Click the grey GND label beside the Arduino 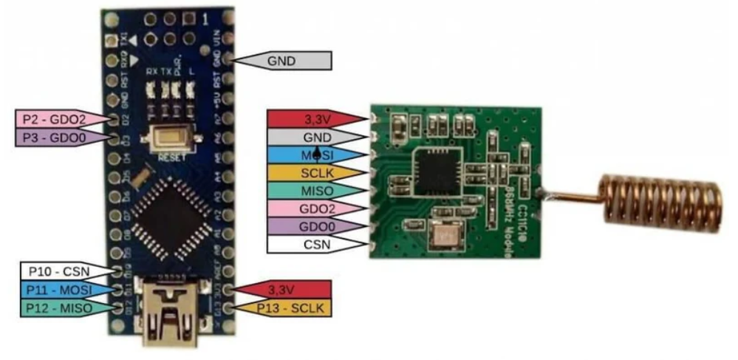coord(284,61)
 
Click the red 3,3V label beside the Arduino coord(284,290)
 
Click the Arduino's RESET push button coord(170,138)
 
